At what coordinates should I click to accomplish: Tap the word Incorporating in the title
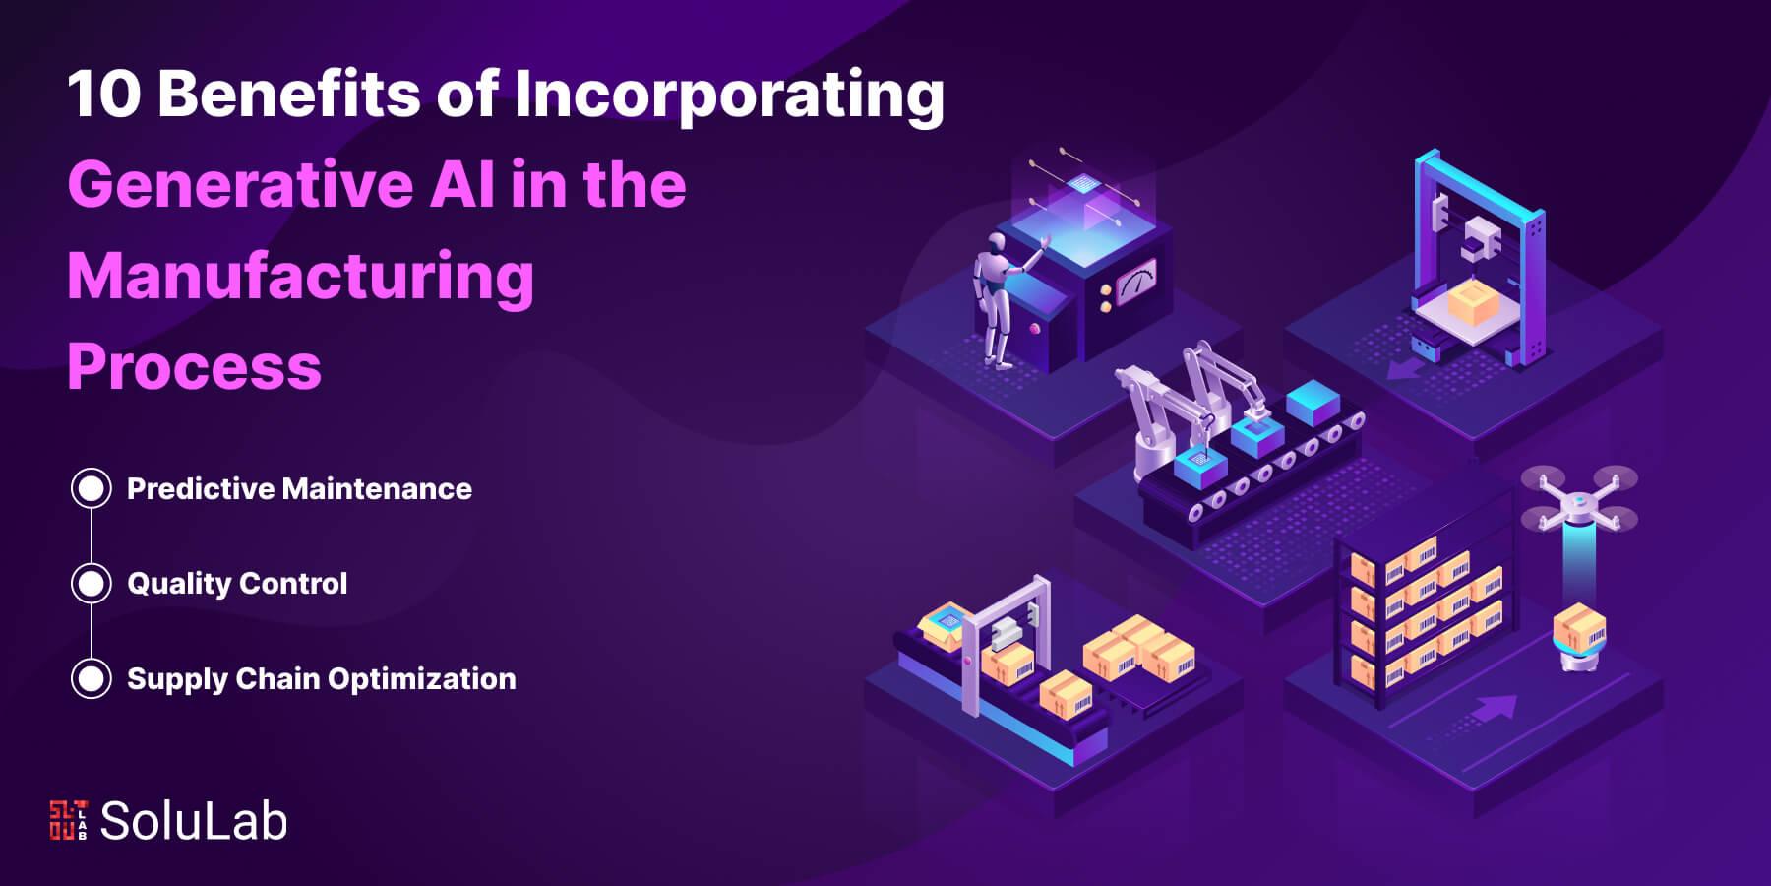[x=729, y=96]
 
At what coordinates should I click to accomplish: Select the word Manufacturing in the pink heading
[x=301, y=277]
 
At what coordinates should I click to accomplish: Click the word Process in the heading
[x=195, y=366]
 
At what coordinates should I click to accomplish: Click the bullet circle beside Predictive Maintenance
[x=92, y=488]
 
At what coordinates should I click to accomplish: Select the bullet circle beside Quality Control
[x=92, y=584]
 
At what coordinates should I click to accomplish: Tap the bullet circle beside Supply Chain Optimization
[x=92, y=678]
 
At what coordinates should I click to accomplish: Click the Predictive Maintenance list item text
[x=299, y=489]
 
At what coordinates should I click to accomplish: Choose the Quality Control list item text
[x=237, y=584]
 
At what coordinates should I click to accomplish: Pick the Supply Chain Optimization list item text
[x=322, y=679]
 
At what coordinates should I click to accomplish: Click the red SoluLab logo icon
[x=68, y=820]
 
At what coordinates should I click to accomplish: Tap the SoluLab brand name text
[x=194, y=821]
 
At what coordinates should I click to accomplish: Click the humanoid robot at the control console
[x=1002, y=295]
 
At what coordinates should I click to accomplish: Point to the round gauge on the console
[x=1136, y=283]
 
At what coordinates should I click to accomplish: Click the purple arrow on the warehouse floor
[x=1495, y=708]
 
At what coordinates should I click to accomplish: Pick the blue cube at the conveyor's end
[x=1313, y=402]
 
